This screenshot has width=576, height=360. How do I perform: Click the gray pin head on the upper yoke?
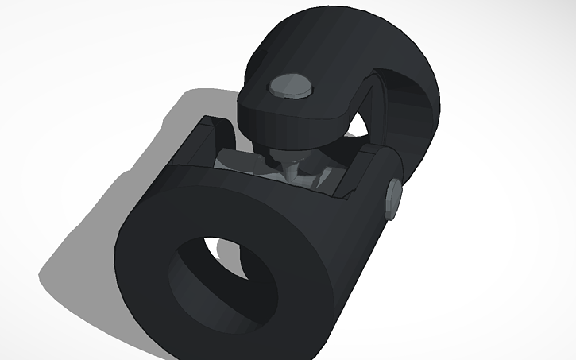click(x=291, y=86)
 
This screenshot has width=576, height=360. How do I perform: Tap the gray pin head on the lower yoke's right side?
click(x=393, y=199)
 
